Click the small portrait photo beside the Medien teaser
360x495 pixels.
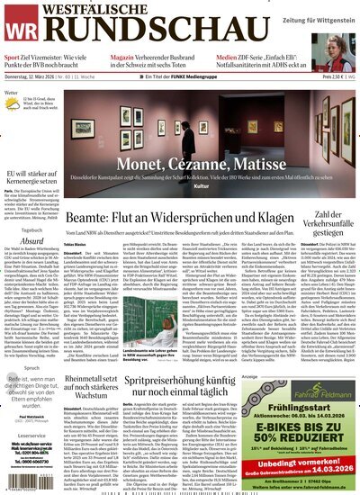click(346, 58)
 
